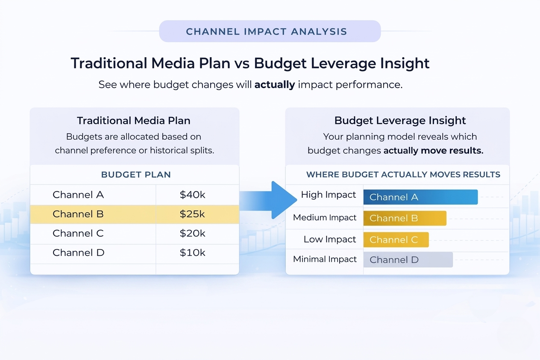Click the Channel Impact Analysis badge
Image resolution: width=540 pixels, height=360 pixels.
(x=270, y=31)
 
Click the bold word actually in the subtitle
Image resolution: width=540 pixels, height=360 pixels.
(x=274, y=85)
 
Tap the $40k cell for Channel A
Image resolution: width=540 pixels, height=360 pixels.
(x=192, y=195)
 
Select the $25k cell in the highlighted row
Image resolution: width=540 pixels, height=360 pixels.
(x=192, y=214)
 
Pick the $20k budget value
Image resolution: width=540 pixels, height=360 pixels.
(x=192, y=233)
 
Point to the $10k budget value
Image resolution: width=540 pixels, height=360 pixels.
(x=192, y=252)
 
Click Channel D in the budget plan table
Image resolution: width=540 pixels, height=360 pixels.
(x=78, y=252)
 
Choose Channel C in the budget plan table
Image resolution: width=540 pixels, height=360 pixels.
(x=78, y=233)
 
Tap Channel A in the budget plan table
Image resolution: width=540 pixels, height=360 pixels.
(x=78, y=195)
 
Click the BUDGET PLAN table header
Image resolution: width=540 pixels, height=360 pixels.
(x=136, y=175)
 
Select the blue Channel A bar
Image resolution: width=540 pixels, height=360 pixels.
(x=420, y=197)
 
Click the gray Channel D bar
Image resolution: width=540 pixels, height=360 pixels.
(x=408, y=260)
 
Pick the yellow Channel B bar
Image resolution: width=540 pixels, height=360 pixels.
(x=404, y=218)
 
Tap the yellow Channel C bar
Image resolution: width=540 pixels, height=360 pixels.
(x=396, y=240)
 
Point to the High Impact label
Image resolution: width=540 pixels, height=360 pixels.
(x=328, y=195)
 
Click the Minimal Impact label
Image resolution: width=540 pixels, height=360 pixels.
(x=325, y=259)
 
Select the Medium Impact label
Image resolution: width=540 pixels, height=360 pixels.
(x=325, y=217)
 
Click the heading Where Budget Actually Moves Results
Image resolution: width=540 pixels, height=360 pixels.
(x=403, y=174)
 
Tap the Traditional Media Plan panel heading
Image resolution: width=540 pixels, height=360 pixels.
(x=134, y=120)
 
